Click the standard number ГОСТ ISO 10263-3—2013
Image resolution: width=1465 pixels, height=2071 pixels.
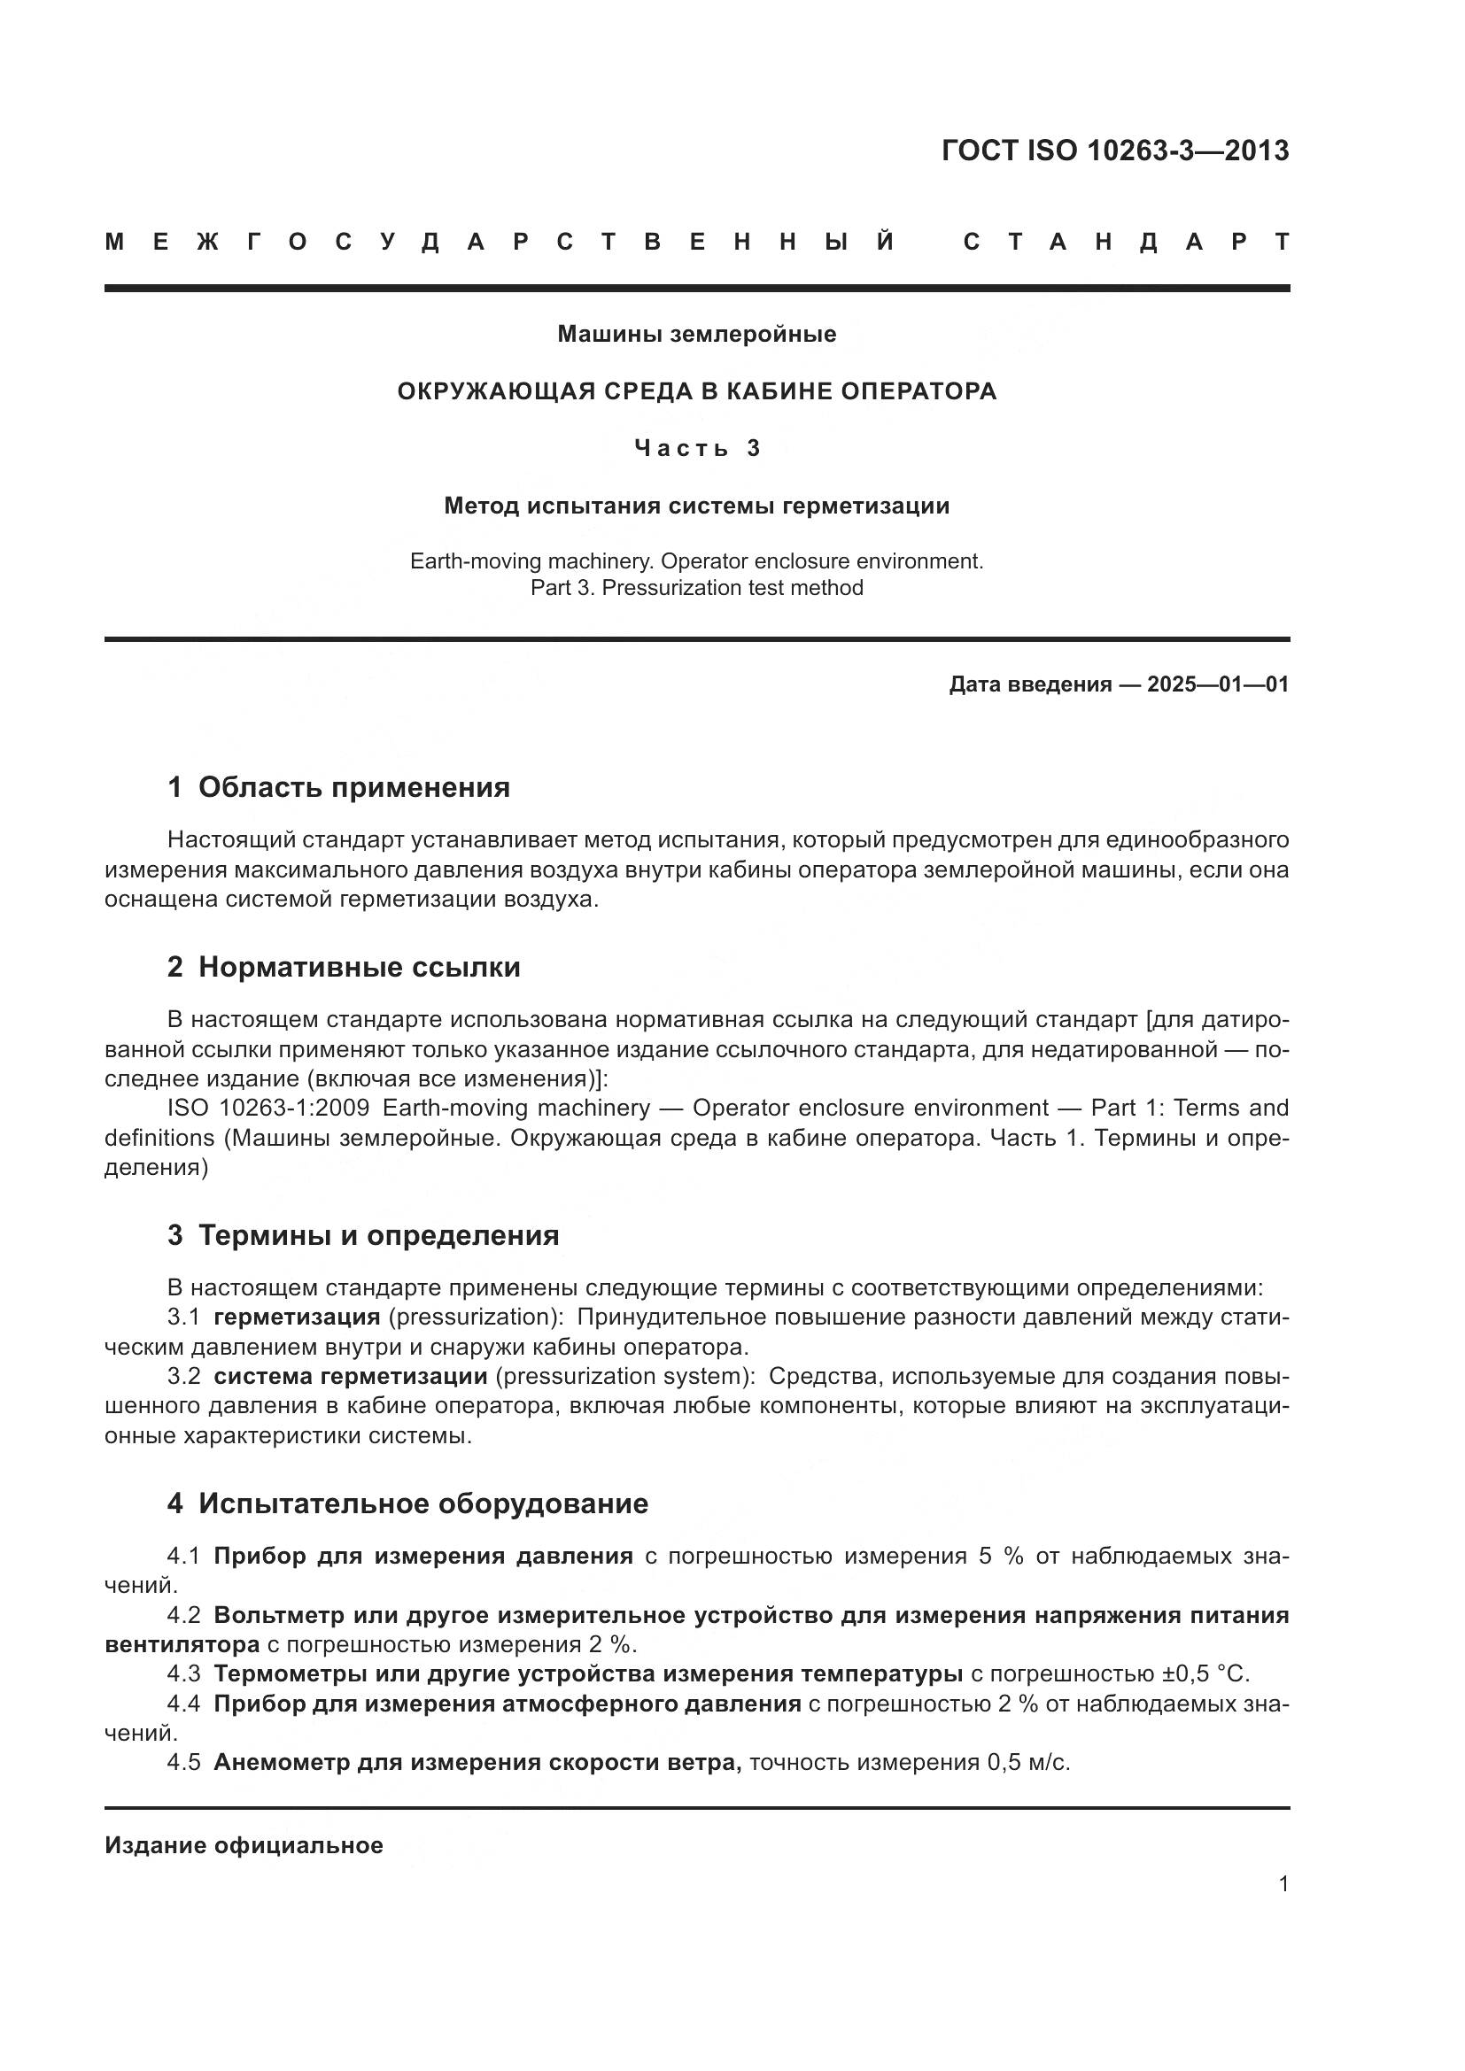(1115, 151)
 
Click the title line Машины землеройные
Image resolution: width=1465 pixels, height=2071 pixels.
(696, 335)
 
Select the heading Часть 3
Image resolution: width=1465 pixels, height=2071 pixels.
(696, 448)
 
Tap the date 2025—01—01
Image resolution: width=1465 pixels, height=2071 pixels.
(1218, 684)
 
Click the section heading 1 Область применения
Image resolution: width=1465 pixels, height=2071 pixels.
(338, 787)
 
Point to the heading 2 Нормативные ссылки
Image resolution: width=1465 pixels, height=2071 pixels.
(344, 968)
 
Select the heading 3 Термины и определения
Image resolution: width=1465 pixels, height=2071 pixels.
(362, 1236)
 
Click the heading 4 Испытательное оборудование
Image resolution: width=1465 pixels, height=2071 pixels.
(407, 1503)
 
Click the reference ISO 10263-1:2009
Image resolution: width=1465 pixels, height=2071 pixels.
(267, 1109)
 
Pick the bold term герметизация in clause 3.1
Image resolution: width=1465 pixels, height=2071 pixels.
(297, 1318)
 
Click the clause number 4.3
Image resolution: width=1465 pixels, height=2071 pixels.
(183, 1675)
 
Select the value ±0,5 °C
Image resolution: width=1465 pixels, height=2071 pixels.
(1206, 1675)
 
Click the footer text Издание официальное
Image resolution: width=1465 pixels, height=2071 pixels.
(244, 1845)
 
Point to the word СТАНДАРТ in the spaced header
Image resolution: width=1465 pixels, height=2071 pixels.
(1126, 242)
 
